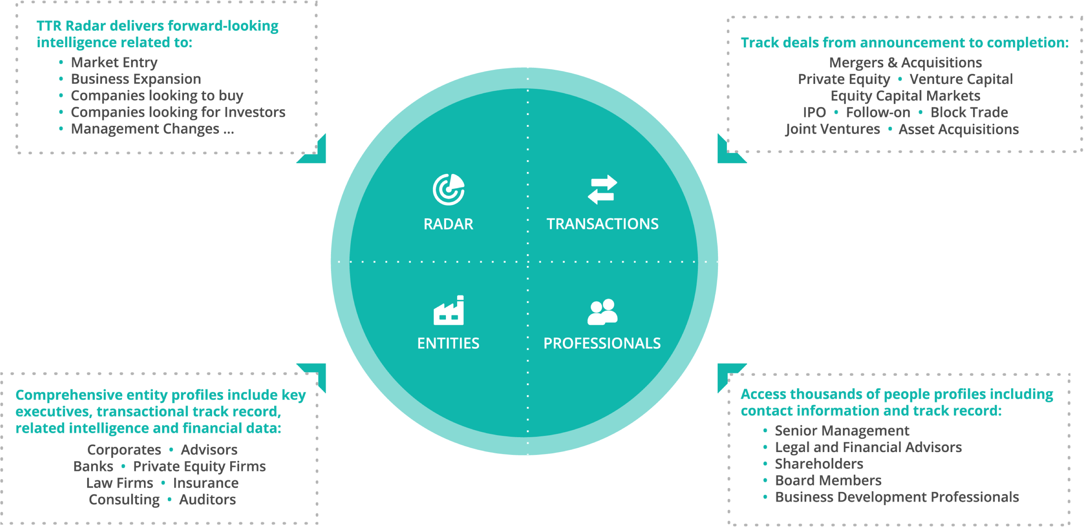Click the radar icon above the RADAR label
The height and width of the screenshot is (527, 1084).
click(x=449, y=189)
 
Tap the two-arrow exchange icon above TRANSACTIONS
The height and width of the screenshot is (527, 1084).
click(x=602, y=189)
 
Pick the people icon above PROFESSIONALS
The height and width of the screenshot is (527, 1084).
click(x=602, y=312)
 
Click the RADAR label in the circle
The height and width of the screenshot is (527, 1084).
click(x=449, y=224)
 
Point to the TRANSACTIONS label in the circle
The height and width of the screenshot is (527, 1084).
click(x=602, y=224)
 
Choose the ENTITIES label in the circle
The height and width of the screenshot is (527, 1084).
click(x=448, y=343)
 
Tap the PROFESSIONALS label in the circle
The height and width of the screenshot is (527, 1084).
click(x=602, y=343)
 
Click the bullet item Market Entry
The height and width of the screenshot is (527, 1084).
click(x=114, y=62)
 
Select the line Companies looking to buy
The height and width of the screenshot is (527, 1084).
click(x=157, y=95)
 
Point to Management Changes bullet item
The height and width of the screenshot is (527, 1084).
click(x=152, y=129)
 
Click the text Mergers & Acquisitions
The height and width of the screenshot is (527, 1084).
click(x=905, y=62)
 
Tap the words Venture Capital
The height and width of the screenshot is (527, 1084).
click(x=961, y=79)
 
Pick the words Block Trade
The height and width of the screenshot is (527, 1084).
click(x=969, y=112)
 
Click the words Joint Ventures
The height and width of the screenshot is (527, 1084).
click(x=832, y=129)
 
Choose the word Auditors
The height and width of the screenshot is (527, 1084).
click(x=207, y=499)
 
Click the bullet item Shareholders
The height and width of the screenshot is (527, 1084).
click(x=818, y=464)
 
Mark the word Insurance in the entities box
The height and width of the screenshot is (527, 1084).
click(x=205, y=483)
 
